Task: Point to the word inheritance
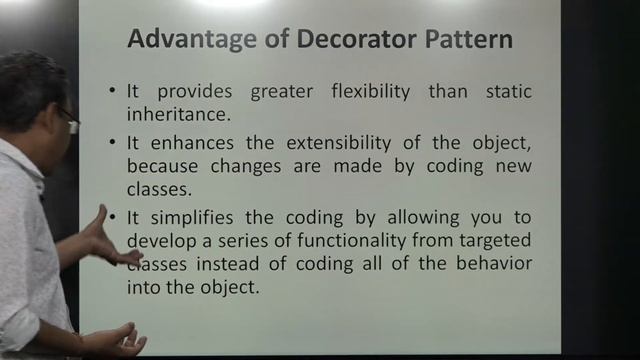coord(170,113)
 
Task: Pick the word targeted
coord(492,241)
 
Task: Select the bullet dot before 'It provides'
coord(113,93)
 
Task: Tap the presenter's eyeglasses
coord(68,121)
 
